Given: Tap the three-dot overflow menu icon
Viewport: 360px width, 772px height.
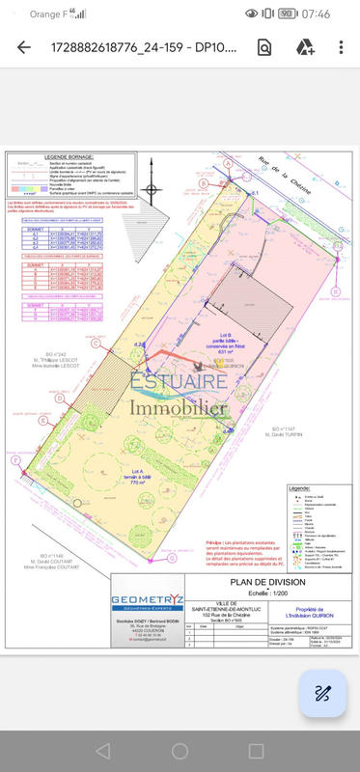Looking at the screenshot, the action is pyautogui.click(x=341, y=47).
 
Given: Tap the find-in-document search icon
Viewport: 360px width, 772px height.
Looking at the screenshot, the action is pyautogui.click(x=264, y=47).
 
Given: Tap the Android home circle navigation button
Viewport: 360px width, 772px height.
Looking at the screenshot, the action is pyautogui.click(x=180, y=751).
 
